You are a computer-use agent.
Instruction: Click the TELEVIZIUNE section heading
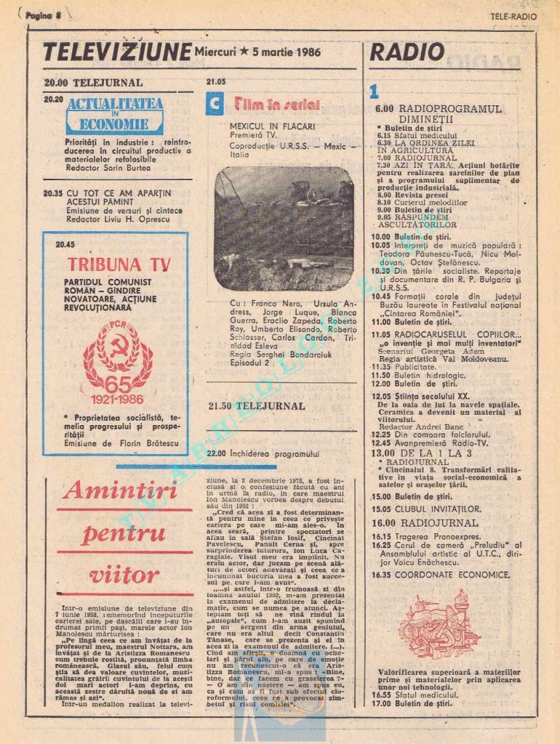116,52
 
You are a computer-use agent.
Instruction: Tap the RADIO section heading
407,52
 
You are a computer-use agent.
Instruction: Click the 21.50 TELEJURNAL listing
256,406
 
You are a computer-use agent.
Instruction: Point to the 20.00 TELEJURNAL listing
93,83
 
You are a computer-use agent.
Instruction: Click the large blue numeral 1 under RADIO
374,92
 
